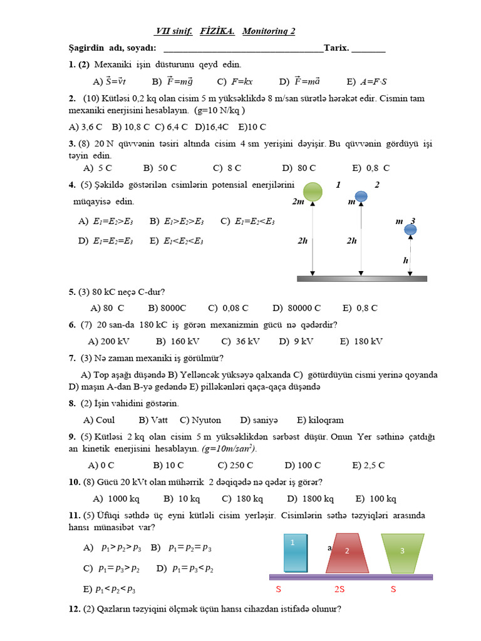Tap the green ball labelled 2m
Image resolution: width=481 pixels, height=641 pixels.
tap(313, 192)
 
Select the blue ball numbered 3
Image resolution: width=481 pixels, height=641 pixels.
tap(410, 230)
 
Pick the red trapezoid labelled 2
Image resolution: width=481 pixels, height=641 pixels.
tap(346, 553)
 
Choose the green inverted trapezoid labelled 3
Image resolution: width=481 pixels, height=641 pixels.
tap(403, 552)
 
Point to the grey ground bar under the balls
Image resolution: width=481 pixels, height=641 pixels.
tap(361, 278)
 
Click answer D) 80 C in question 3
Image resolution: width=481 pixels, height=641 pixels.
tap(299, 168)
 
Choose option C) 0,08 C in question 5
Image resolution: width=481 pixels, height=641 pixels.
tap(228, 308)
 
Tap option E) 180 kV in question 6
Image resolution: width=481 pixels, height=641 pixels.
tap(361, 341)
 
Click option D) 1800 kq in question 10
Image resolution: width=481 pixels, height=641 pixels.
tap(310, 499)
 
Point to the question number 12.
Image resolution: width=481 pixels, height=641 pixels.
tap(73, 608)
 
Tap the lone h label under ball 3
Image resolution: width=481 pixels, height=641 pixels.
tap(406, 260)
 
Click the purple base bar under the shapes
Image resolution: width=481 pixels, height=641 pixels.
tap(351, 577)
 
